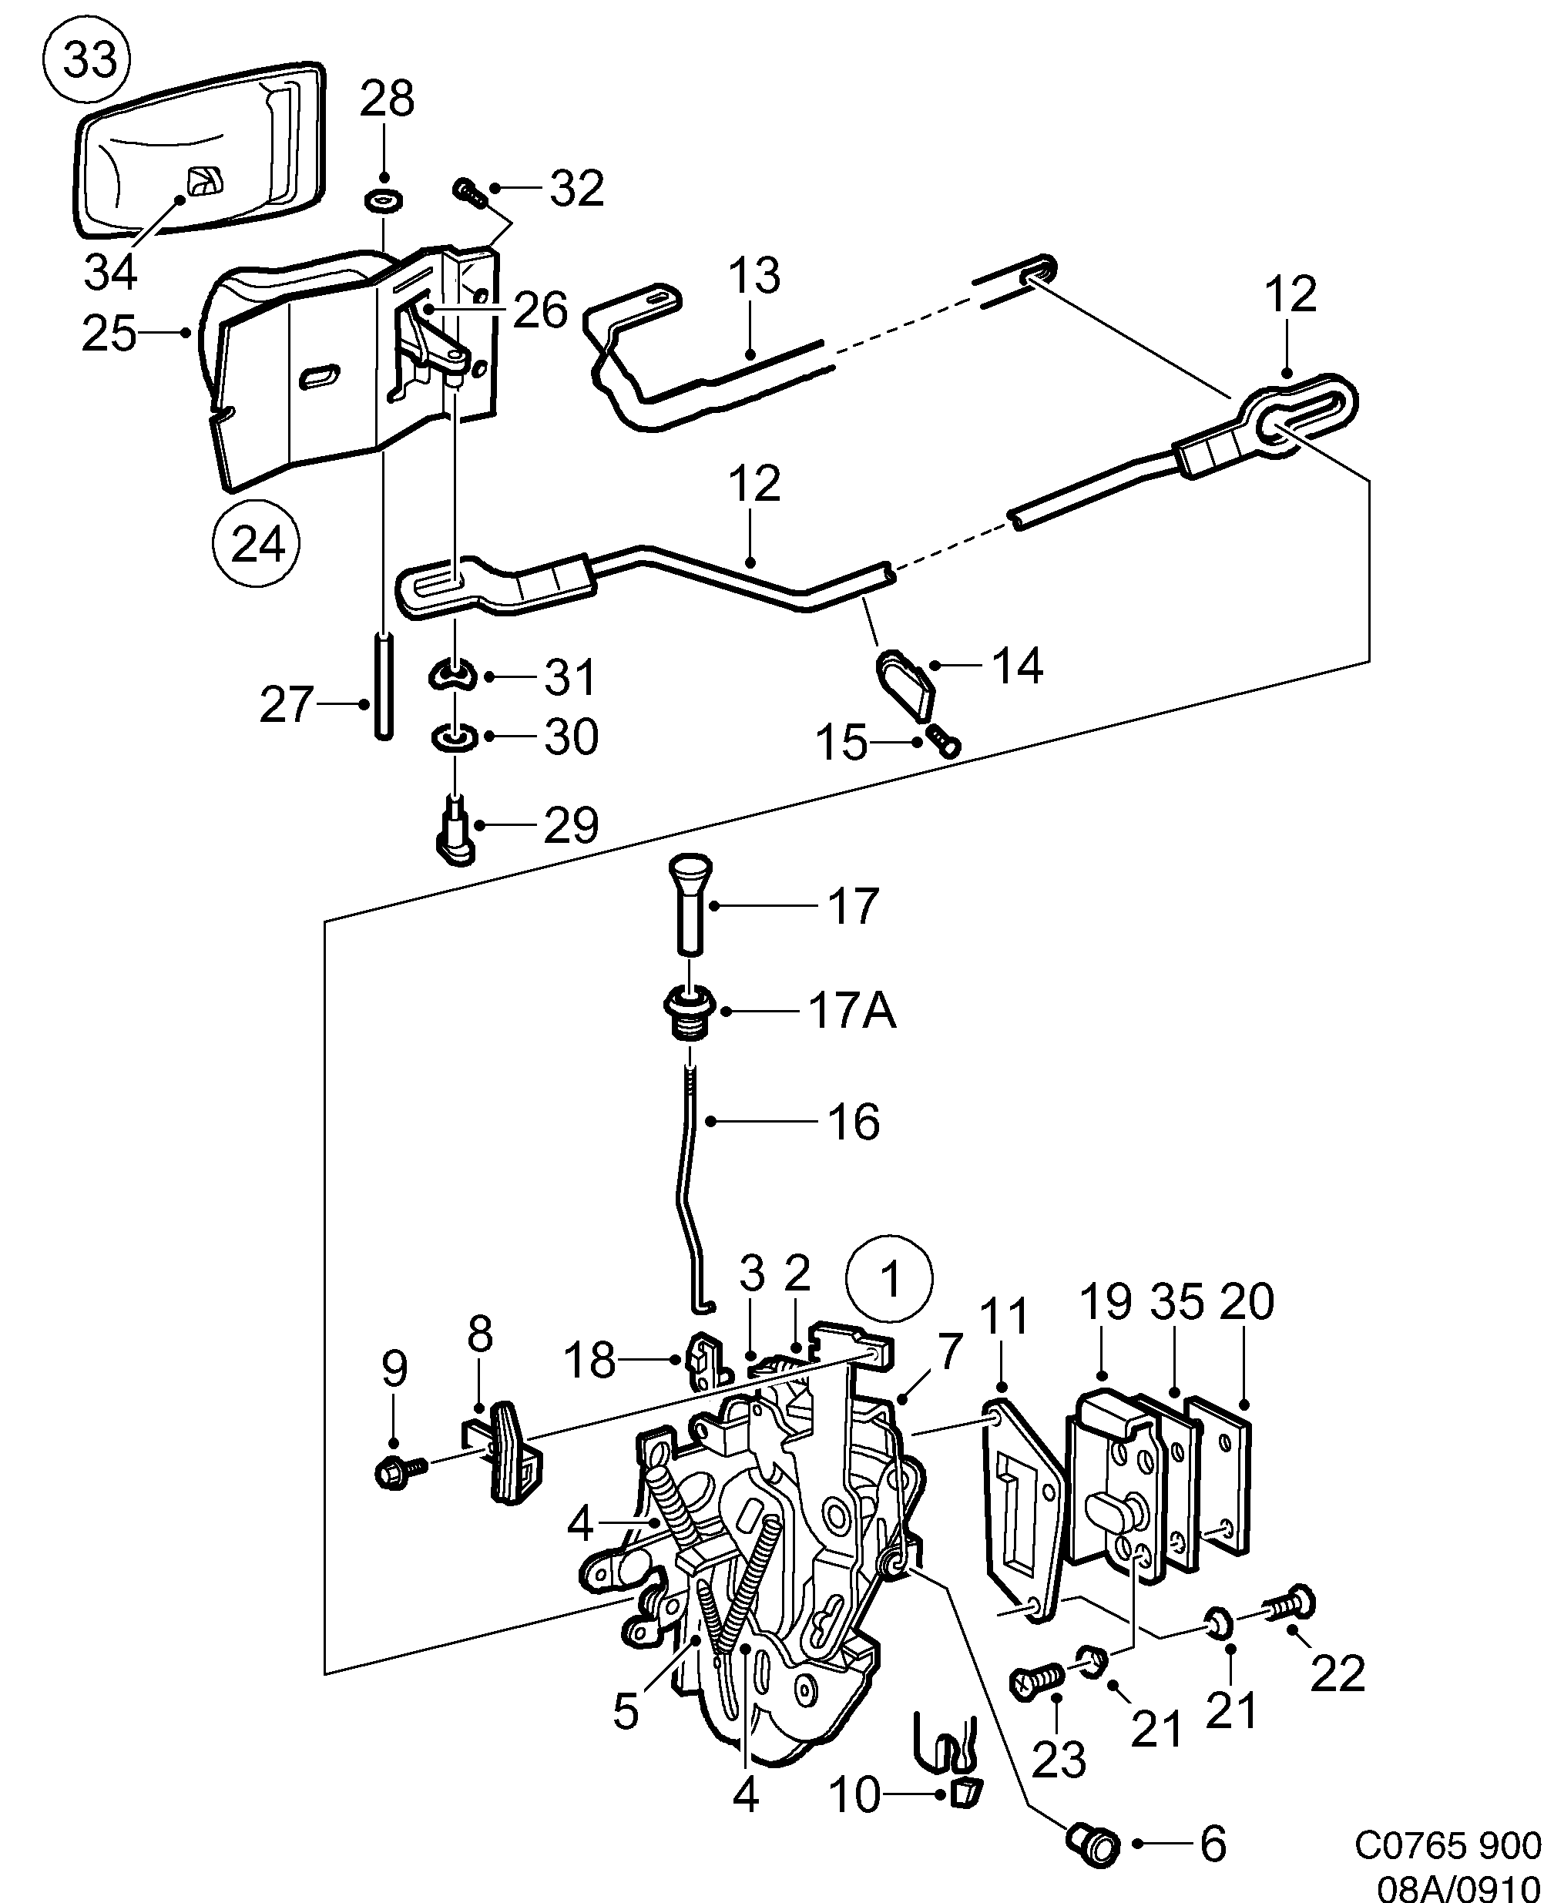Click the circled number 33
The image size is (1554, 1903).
[87, 61]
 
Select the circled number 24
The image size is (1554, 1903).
[256, 543]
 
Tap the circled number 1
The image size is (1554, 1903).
[890, 1280]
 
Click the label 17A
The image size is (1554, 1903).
[851, 1013]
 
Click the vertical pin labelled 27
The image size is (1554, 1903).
[383, 686]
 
